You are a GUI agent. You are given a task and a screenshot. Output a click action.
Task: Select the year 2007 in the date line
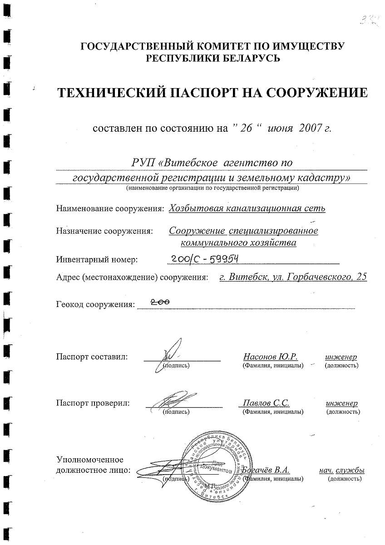point(310,128)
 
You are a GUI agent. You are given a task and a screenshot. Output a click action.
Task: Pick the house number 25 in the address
point(361,277)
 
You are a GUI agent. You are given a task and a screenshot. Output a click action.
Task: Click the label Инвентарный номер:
point(97,260)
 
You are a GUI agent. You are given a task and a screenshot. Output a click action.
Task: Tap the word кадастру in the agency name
point(326,178)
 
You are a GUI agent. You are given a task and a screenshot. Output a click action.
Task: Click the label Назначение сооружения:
point(104,231)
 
